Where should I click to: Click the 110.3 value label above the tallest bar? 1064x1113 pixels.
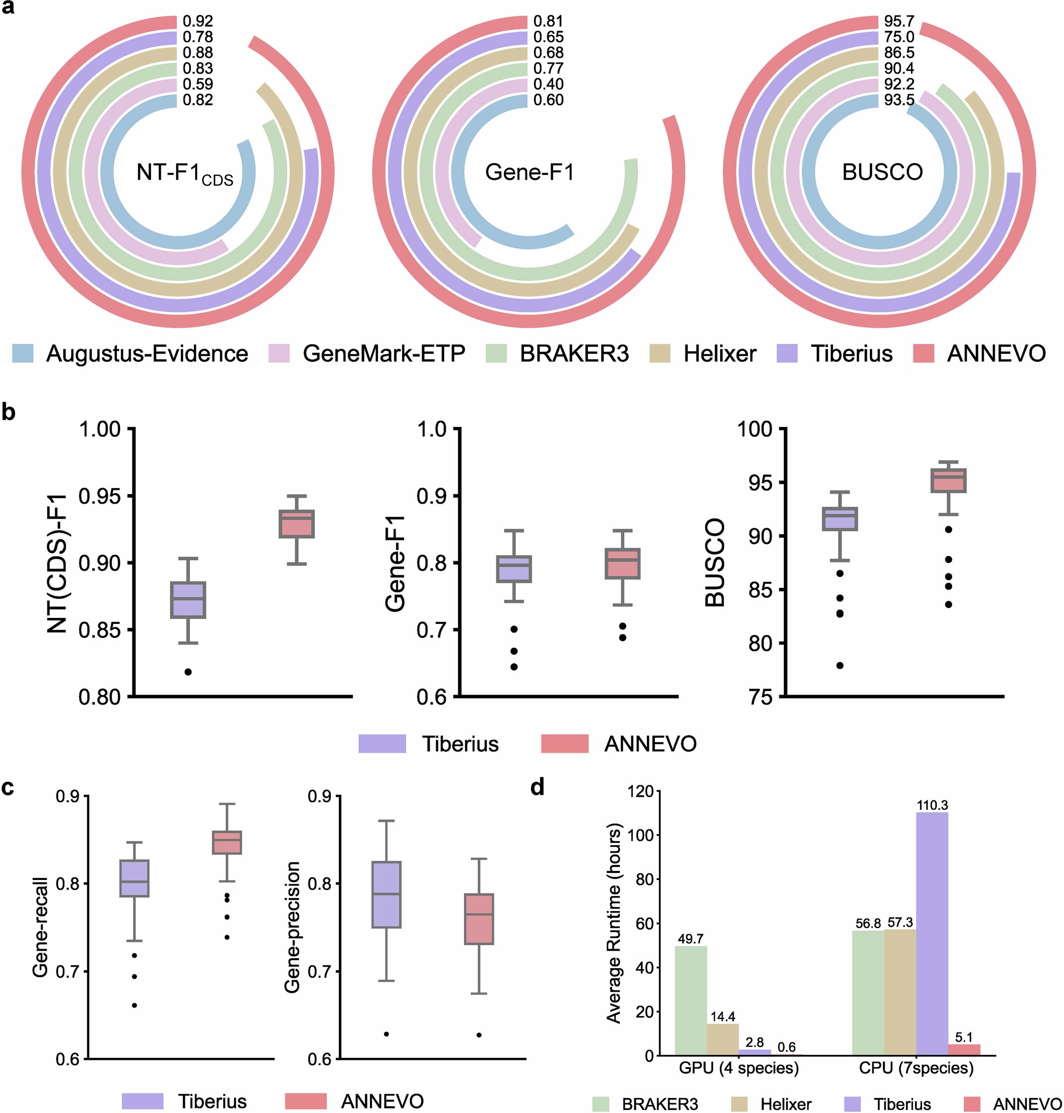pyautogui.click(x=932, y=805)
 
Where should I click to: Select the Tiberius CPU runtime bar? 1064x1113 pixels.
pyautogui.click(x=932, y=935)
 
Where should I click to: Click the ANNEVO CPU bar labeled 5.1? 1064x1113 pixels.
pyautogui.click(x=964, y=1052)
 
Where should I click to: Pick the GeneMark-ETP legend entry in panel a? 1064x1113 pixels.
pyautogui.click(x=384, y=354)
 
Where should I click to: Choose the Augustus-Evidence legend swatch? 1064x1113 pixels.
pyautogui.click(x=23, y=354)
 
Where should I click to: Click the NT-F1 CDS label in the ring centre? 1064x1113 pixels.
pyautogui.click(x=185, y=173)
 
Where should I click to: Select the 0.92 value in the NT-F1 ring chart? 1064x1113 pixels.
pyautogui.click(x=198, y=22)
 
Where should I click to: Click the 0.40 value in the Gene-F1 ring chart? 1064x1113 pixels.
pyautogui.click(x=549, y=84)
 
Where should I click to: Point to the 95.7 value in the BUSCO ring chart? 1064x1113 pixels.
pyautogui.click(x=899, y=22)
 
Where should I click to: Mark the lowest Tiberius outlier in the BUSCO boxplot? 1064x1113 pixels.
pyautogui.click(x=840, y=665)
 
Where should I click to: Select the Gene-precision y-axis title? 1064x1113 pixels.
pyautogui.click(x=292, y=927)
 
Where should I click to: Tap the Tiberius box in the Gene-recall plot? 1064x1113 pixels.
pyautogui.click(x=134, y=878)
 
